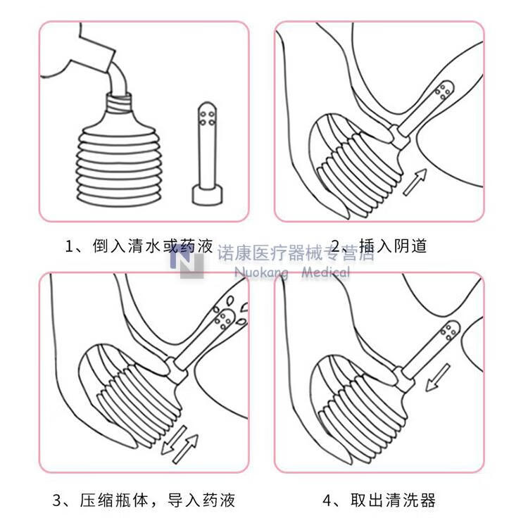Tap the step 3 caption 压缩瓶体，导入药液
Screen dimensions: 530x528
156,500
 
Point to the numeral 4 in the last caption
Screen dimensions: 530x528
327,500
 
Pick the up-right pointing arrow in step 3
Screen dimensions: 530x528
187,446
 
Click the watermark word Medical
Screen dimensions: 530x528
325,272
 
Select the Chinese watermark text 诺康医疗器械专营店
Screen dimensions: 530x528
296,252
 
